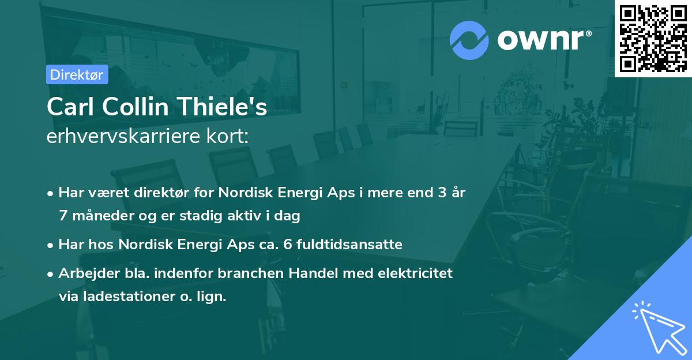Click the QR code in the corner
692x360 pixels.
(x=653, y=39)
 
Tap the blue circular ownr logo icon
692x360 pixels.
(x=469, y=39)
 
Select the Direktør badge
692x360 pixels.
(x=77, y=74)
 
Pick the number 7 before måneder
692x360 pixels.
(x=63, y=216)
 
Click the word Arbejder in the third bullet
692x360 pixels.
(x=84, y=273)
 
